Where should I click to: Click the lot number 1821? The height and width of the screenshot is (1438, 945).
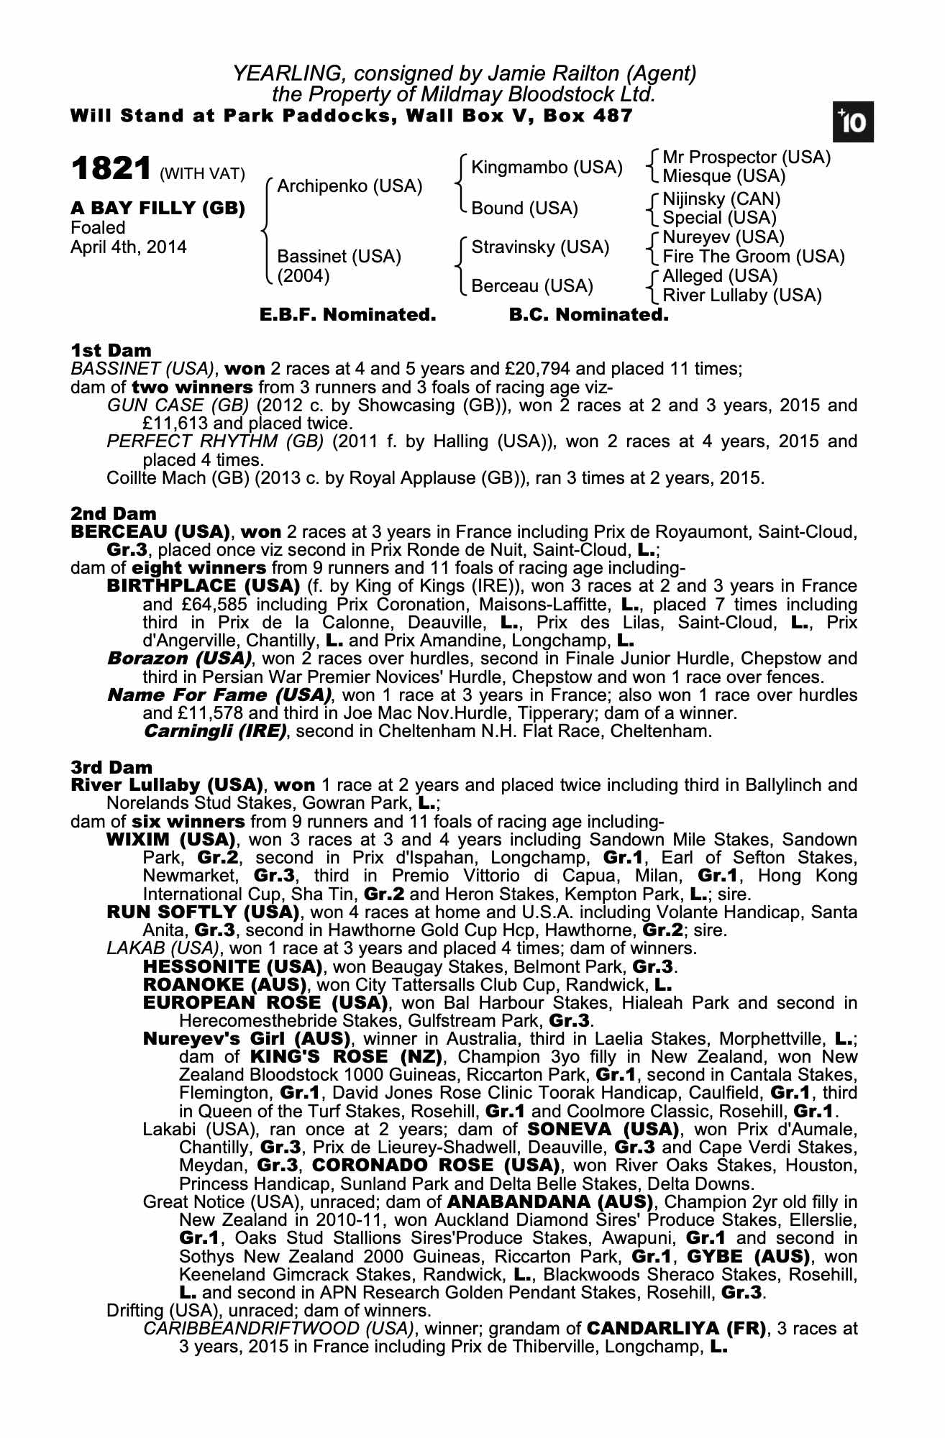(111, 170)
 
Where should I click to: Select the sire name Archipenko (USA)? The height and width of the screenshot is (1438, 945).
(350, 186)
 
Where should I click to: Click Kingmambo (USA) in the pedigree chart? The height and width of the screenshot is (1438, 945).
(547, 168)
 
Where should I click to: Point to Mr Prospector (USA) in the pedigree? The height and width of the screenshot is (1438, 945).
(747, 157)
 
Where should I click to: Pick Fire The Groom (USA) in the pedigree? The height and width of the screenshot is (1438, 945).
(754, 257)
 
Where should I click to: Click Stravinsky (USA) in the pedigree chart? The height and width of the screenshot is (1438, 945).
(540, 247)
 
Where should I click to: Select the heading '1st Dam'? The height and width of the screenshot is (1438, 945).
(111, 351)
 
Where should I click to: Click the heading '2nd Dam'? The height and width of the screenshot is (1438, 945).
(114, 514)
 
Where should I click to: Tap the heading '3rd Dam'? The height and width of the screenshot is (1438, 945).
(112, 767)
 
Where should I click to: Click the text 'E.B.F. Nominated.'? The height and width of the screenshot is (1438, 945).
(347, 315)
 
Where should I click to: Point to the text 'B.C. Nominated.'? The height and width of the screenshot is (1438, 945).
(588, 315)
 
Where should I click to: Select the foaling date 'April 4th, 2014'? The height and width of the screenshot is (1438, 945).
(129, 247)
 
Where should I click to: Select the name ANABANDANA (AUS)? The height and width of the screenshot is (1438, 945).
(550, 1202)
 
